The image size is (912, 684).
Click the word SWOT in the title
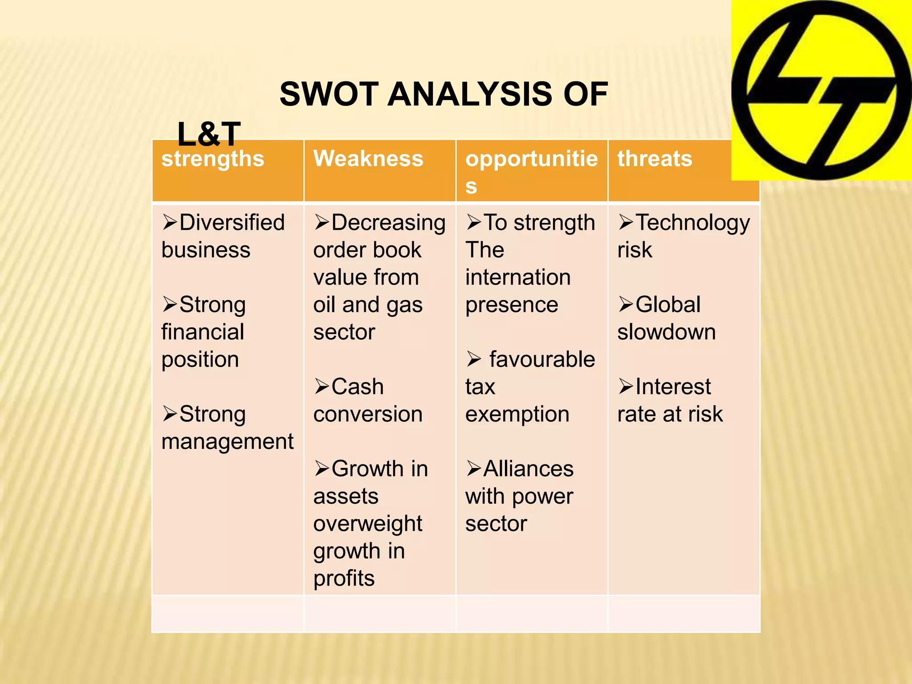[x=329, y=94]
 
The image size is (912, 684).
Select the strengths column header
[x=212, y=159]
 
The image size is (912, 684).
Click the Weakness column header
[x=368, y=159]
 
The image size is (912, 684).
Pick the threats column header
[x=655, y=159]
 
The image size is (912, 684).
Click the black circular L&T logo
[x=822, y=90]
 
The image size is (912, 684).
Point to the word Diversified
[x=232, y=222]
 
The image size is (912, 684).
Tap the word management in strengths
[x=227, y=442]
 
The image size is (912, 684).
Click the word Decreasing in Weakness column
[x=388, y=223]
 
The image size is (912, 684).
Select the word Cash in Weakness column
[x=357, y=387]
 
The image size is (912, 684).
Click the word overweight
[x=367, y=524]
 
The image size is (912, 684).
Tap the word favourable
[x=542, y=359]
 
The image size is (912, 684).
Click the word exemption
[x=517, y=415]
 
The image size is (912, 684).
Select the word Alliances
[x=529, y=469]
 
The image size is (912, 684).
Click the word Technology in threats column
[x=692, y=223]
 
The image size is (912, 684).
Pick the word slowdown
[x=666, y=332]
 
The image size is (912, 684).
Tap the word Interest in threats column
[x=673, y=387]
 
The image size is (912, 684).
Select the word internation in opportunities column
[x=518, y=277]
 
